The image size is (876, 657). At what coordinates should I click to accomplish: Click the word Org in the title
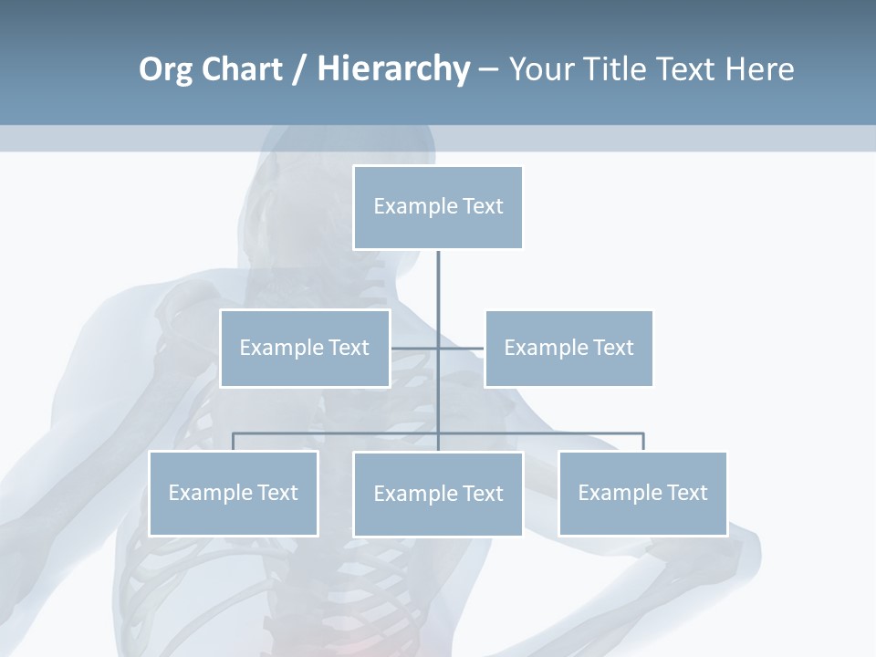(x=167, y=69)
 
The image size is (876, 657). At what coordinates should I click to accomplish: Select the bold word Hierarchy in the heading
(x=393, y=69)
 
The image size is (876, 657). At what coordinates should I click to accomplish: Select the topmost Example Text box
(x=438, y=207)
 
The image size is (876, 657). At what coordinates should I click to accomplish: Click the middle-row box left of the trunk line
(x=305, y=349)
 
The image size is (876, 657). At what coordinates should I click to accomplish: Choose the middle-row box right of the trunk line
(x=568, y=349)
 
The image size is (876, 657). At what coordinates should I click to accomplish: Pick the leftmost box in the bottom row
(x=234, y=494)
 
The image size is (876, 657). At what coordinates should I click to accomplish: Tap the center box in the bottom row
(x=438, y=495)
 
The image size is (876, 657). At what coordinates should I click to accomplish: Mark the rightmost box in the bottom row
(x=642, y=494)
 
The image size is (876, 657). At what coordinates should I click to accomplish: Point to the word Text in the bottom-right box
(x=686, y=493)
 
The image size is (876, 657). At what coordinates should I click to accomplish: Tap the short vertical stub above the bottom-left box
(x=234, y=442)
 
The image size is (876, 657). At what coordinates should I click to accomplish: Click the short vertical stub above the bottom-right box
(x=643, y=442)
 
